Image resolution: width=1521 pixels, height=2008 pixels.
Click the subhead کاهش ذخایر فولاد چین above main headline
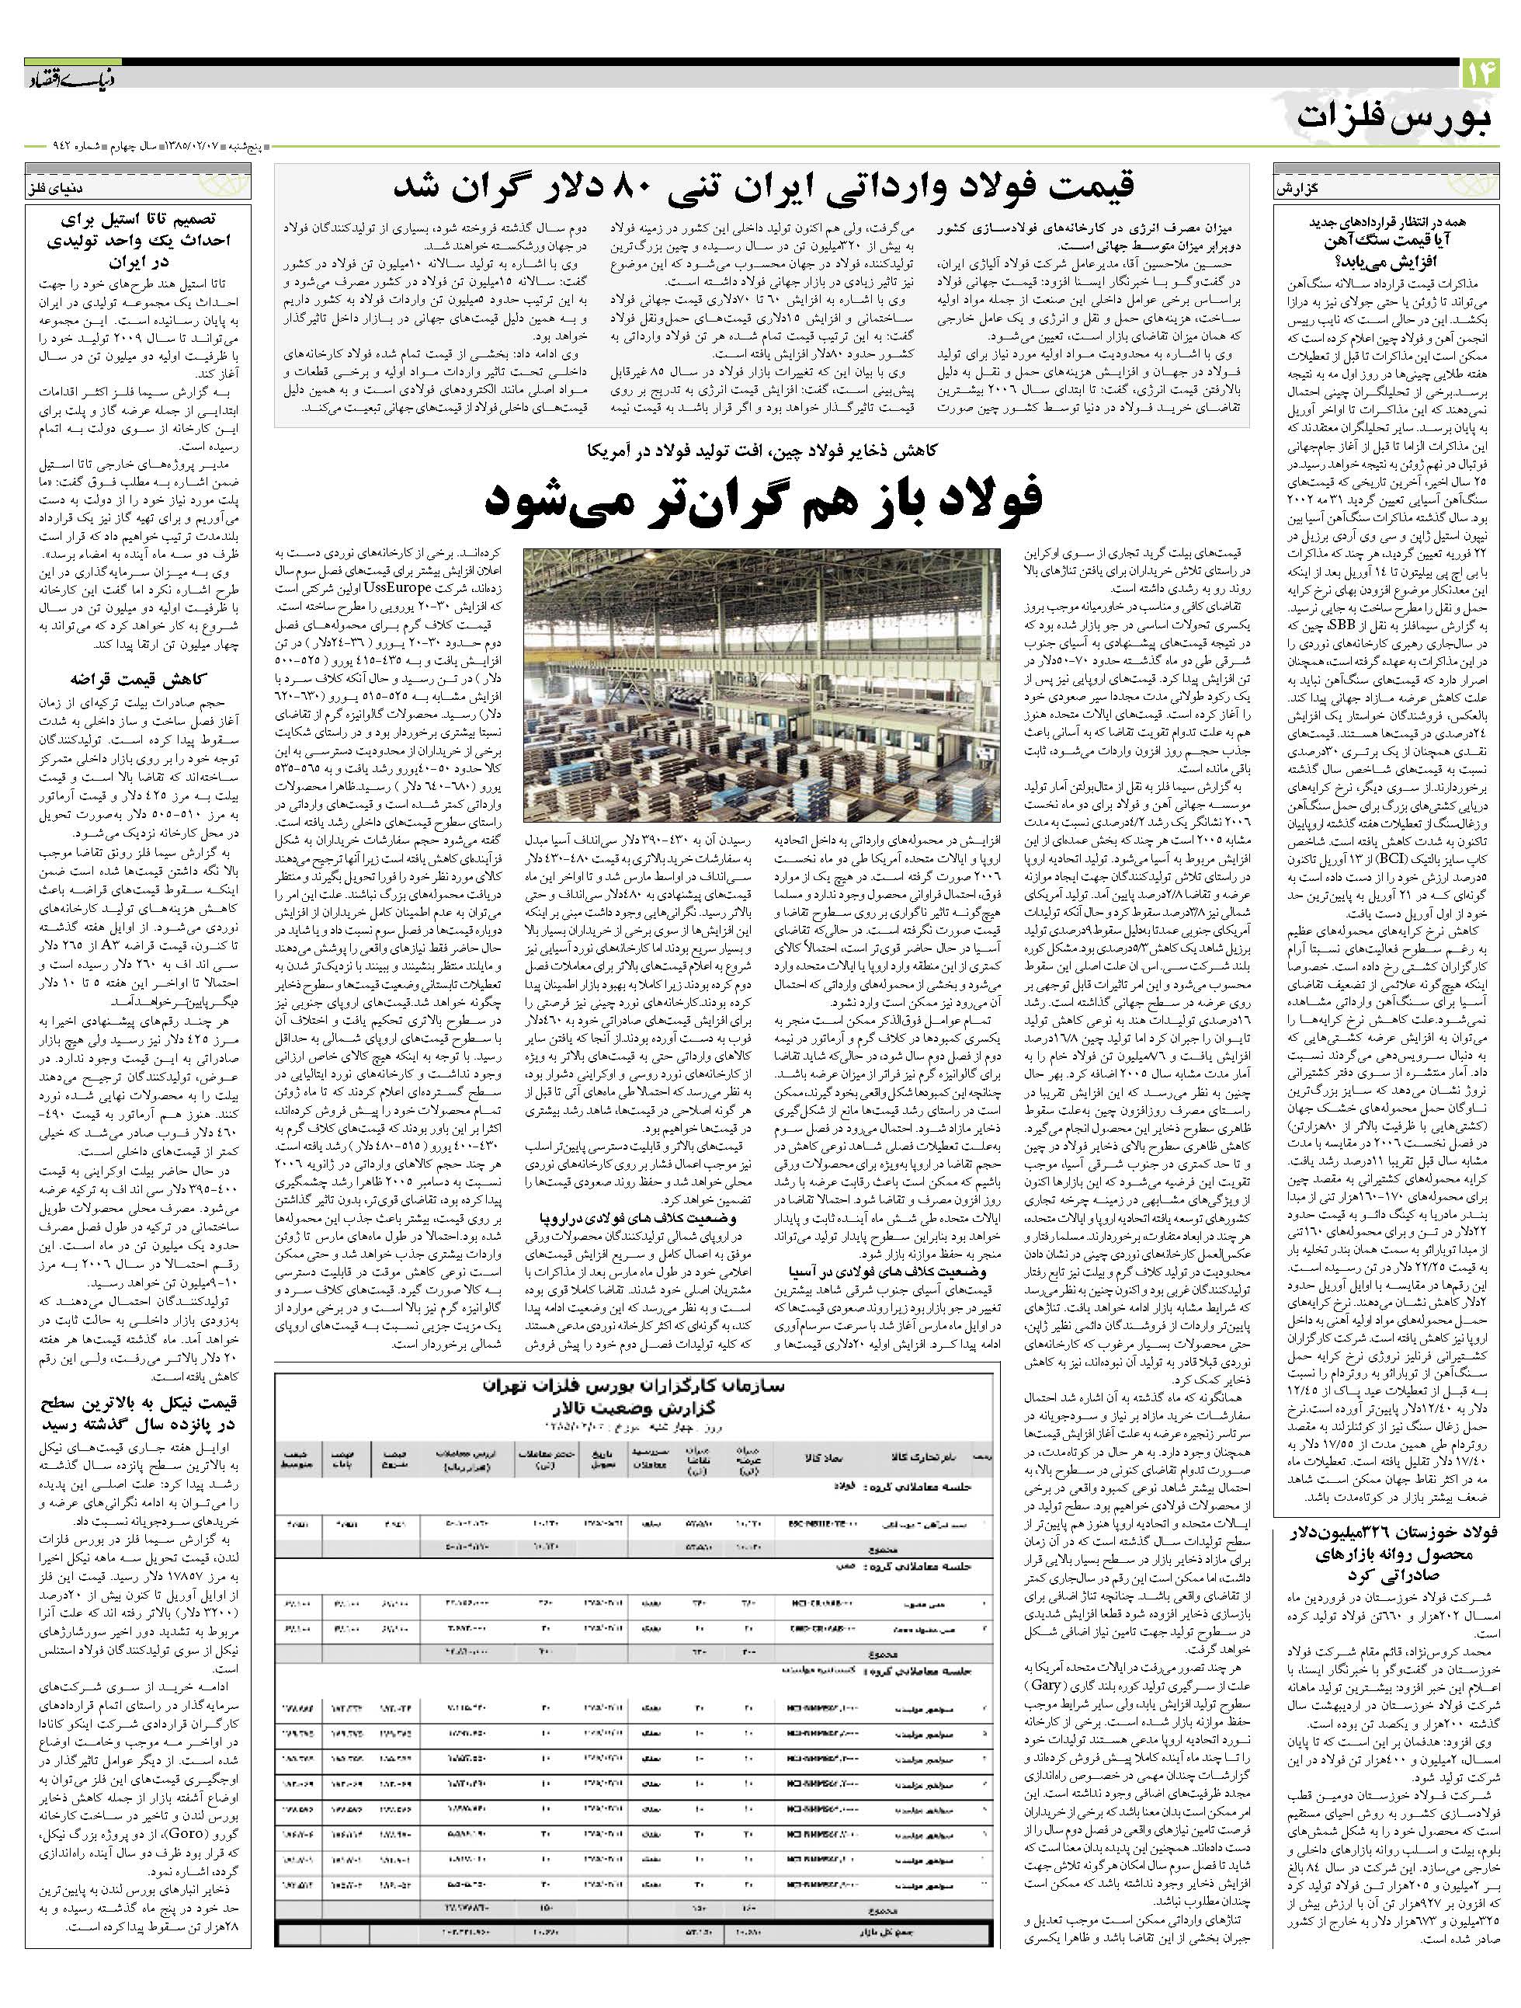pyautogui.click(x=763, y=451)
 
